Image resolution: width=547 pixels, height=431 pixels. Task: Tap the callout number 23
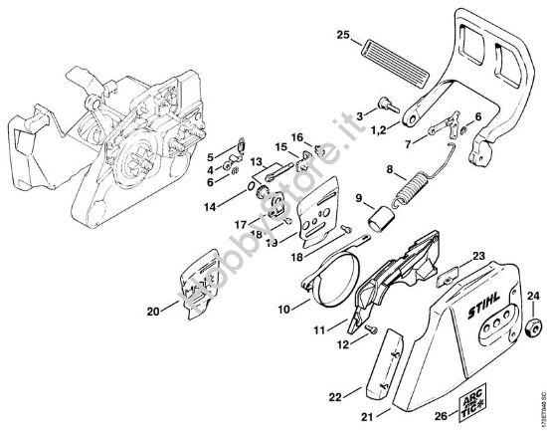pos(479,256)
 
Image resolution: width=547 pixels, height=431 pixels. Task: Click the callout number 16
pos(296,136)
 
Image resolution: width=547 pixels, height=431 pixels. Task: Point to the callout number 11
pos(320,327)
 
